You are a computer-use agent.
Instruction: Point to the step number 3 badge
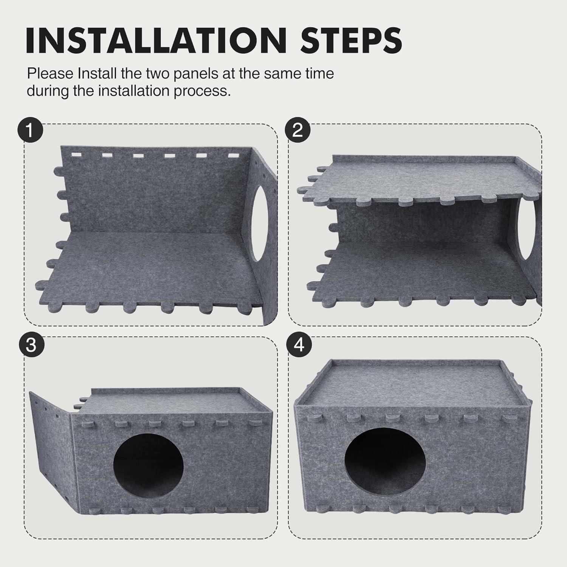point(31,345)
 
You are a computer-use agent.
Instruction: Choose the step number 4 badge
point(299,345)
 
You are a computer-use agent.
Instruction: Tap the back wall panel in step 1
point(155,197)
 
